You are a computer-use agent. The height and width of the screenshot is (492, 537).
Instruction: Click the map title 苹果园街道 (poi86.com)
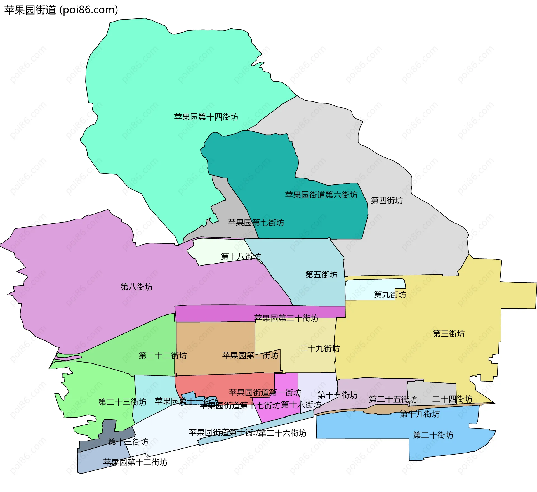coord(61,10)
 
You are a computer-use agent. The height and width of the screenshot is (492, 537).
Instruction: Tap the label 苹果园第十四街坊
coord(206,117)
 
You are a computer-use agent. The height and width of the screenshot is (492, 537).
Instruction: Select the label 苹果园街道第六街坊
coord(321,195)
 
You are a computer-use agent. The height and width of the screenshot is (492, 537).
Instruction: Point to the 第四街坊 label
coord(387,200)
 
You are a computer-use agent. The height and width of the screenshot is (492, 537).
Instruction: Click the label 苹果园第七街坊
coord(256,223)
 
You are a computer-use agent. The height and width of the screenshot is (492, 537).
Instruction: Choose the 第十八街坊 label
coord(241,256)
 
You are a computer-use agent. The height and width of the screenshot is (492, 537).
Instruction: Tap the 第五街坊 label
coord(321,275)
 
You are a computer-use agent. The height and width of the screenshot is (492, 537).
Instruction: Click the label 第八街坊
coord(136,287)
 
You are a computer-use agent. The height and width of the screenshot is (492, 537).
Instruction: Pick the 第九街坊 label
coord(390,294)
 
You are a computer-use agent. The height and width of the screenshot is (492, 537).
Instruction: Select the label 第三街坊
coord(448,333)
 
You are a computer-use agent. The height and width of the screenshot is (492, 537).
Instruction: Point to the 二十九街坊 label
coord(319,348)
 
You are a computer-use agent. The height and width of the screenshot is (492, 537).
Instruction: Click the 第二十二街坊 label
coord(162,356)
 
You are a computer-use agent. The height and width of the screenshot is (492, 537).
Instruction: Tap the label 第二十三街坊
coord(122,402)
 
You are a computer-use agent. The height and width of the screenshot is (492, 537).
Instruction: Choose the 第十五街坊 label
coord(337,395)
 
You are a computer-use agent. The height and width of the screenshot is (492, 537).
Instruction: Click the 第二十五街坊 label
coord(393,399)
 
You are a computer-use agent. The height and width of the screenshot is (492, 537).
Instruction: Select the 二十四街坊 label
coord(452,399)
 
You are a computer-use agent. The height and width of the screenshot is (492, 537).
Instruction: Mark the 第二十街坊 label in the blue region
coord(433,435)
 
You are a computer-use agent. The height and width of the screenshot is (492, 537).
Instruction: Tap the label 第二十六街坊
coord(282,433)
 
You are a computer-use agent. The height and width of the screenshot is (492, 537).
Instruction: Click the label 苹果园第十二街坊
coord(135,462)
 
